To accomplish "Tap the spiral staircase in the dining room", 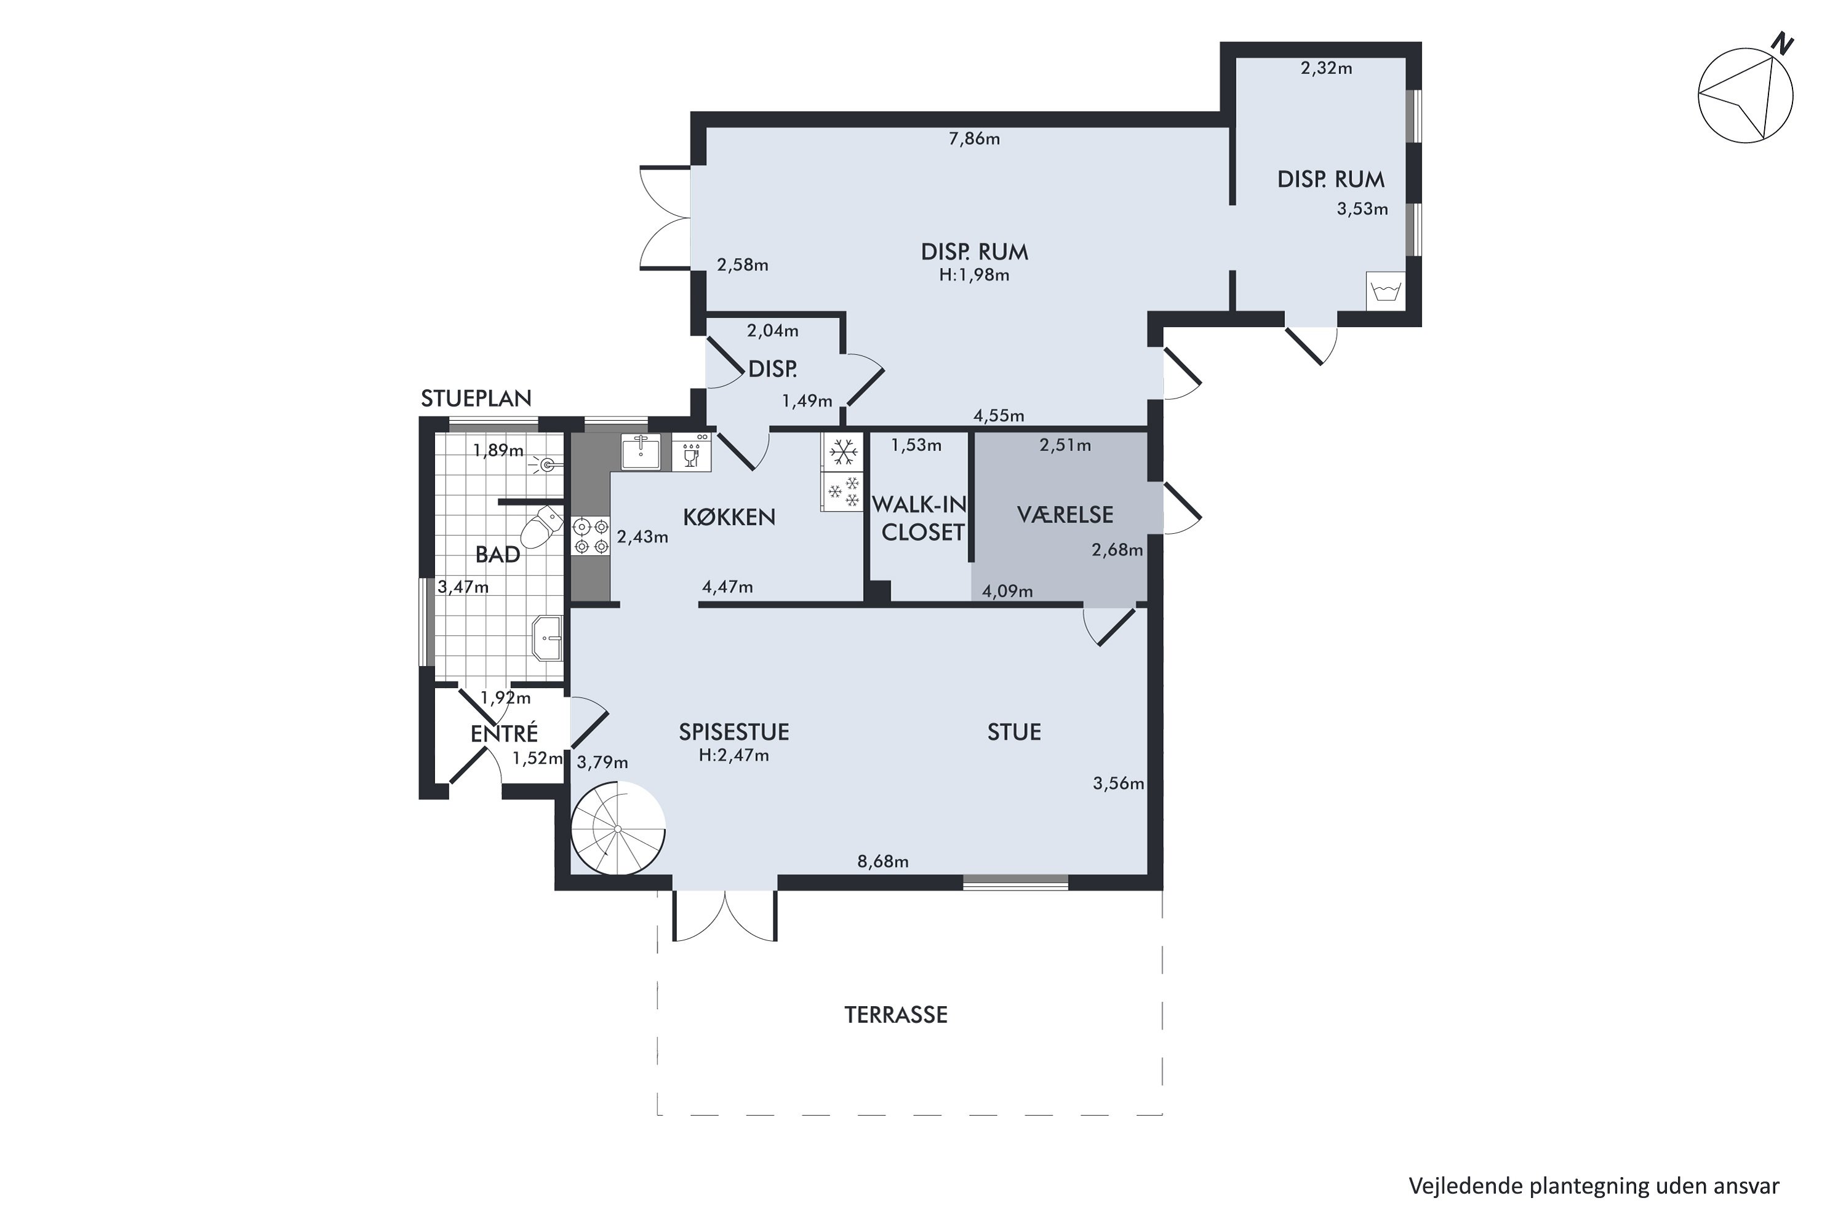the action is [618, 829].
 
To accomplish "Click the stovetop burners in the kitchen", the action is [591, 536].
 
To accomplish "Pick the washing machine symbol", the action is [1384, 292].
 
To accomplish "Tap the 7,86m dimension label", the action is [974, 139].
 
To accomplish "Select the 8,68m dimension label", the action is [882, 862].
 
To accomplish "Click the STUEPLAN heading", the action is [476, 399].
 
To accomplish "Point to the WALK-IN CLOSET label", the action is [920, 518].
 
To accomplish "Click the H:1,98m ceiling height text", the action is [974, 276].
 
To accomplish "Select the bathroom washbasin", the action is [547, 638].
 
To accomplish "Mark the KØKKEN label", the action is [729, 517].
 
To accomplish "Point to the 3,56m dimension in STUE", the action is [1117, 783].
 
